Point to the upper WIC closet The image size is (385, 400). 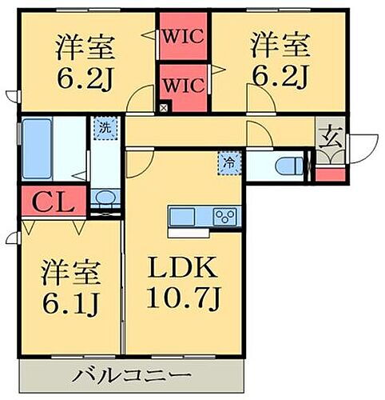tap(184, 37)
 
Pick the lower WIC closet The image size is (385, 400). tap(184, 83)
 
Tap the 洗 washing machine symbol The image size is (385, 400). tap(104, 126)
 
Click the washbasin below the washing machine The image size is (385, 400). tap(104, 198)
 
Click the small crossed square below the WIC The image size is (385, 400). tap(164, 107)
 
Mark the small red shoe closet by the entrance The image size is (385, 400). tap(331, 174)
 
